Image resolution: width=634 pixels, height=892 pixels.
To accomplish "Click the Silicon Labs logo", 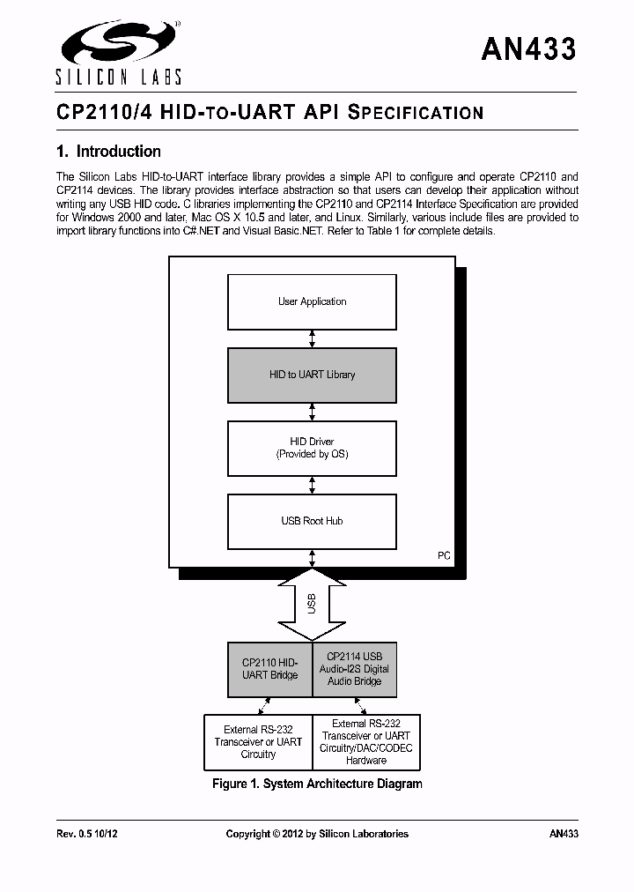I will click(x=119, y=52).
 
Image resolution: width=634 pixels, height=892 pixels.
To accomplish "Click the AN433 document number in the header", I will click(x=528, y=49).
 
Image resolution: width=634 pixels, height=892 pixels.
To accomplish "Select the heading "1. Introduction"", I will click(x=108, y=152).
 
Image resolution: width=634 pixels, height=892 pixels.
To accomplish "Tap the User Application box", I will click(x=312, y=301).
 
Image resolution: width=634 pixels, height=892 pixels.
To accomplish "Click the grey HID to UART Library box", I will click(x=312, y=375).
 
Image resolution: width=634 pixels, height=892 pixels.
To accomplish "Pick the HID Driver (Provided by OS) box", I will click(x=312, y=448).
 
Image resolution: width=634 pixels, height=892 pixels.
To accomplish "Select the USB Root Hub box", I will click(x=312, y=521).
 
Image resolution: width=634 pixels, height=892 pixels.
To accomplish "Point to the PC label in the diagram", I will click(x=444, y=555).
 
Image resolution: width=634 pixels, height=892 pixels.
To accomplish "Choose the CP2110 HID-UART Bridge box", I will click(x=269, y=669).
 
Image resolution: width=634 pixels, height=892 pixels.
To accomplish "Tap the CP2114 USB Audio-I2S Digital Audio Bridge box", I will click(x=354, y=669).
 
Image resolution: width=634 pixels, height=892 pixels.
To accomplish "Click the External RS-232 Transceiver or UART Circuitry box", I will click(x=258, y=741).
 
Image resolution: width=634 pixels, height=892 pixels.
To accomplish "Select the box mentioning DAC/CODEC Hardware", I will click(x=366, y=741).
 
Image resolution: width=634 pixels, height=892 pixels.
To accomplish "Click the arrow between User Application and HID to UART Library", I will click(x=312, y=338).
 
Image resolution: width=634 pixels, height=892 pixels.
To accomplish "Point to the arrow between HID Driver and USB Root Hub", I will click(x=312, y=485).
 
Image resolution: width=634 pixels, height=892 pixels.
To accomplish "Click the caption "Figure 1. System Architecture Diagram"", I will click(x=317, y=784).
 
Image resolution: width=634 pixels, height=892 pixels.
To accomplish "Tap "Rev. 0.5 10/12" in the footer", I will click(x=87, y=834).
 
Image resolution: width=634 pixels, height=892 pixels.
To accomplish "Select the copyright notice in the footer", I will click(x=317, y=834).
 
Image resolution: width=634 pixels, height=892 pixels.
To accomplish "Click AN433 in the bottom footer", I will click(x=564, y=834).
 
